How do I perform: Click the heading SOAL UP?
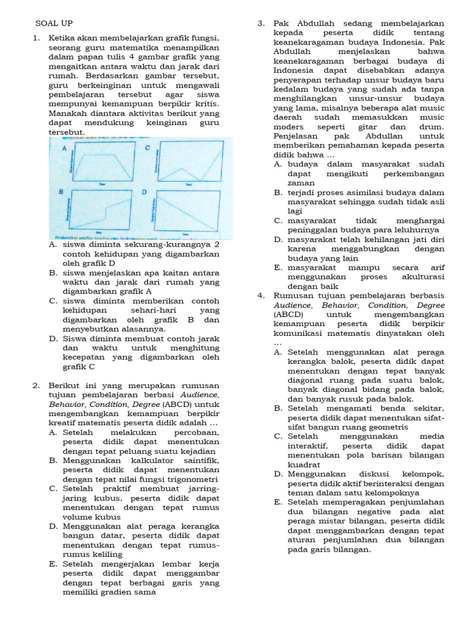tap(53, 23)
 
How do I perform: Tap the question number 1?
tap(36, 38)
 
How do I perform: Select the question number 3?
tap(261, 23)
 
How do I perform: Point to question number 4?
tap(261, 296)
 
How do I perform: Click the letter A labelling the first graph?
tap(64, 149)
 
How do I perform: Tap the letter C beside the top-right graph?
tap(146, 148)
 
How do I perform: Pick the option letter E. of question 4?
tap(277, 502)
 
